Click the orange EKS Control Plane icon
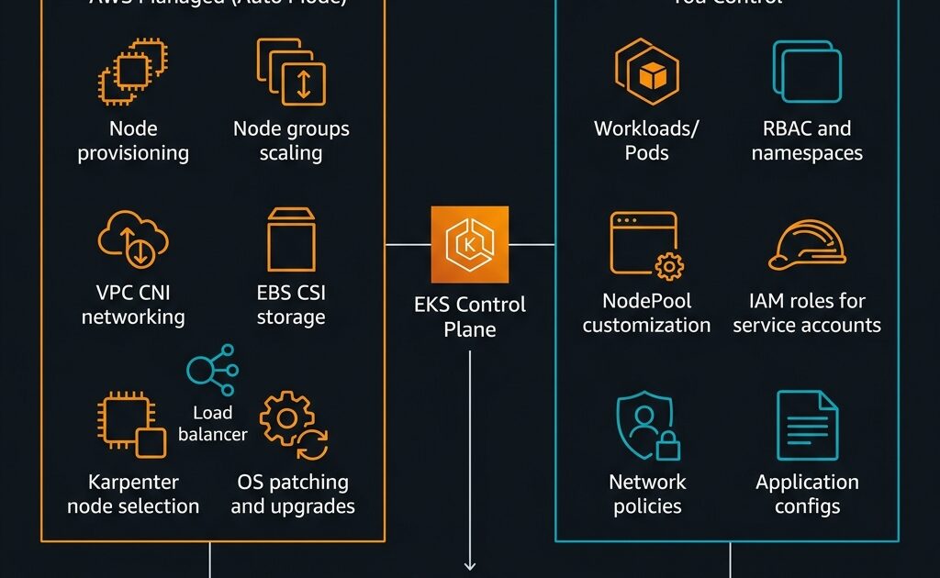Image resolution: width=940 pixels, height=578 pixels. tap(470, 245)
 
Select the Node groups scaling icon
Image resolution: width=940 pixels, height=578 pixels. tap(291, 72)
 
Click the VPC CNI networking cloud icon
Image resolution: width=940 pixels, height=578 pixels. tap(132, 239)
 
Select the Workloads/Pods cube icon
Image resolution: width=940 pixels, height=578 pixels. tap(646, 72)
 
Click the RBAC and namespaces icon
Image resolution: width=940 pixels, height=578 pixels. tap(807, 72)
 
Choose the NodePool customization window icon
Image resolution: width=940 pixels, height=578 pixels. tap(646, 244)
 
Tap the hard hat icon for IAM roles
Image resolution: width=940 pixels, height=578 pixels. tap(807, 247)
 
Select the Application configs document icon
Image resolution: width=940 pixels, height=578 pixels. tap(807, 425)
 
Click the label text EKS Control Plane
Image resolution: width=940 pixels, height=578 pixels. tap(470, 316)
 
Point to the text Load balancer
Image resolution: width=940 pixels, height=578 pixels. tap(213, 423)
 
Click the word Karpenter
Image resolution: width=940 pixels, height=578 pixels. tap(133, 483)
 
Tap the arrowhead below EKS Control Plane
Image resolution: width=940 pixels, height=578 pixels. tap(470, 565)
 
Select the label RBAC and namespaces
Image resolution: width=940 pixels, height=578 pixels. tap(807, 140)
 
